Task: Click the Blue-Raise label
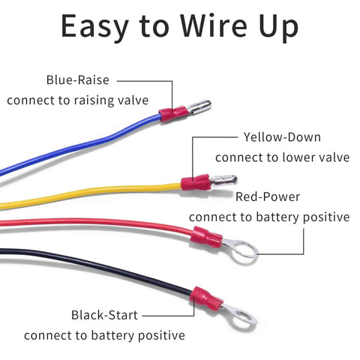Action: tap(78, 79)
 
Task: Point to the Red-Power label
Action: tap(268, 196)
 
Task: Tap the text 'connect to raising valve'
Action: tap(78, 100)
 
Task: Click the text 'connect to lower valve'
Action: tap(282, 157)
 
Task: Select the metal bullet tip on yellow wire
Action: tap(224, 180)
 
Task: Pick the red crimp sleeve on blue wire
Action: tap(173, 113)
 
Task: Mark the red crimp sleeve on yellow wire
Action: tap(196, 182)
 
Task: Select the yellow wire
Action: tap(90, 196)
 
